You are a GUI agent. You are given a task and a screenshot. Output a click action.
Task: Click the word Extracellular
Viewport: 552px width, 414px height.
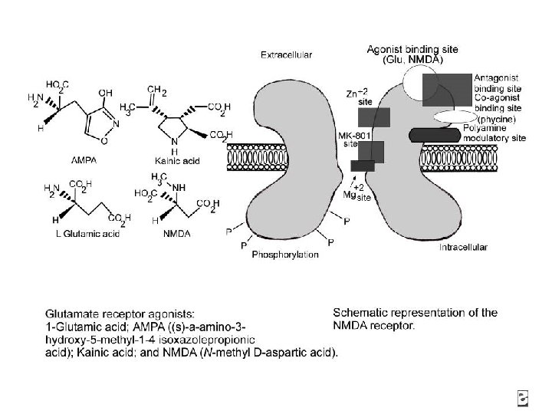286,55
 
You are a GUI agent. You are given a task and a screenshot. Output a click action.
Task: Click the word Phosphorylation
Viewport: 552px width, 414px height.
285,255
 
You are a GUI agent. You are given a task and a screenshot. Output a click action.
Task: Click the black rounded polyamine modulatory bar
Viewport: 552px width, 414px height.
436,136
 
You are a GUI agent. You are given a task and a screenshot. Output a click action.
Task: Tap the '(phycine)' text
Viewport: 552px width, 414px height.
498,120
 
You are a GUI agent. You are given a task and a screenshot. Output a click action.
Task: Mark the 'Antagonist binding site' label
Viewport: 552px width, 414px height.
498,83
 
